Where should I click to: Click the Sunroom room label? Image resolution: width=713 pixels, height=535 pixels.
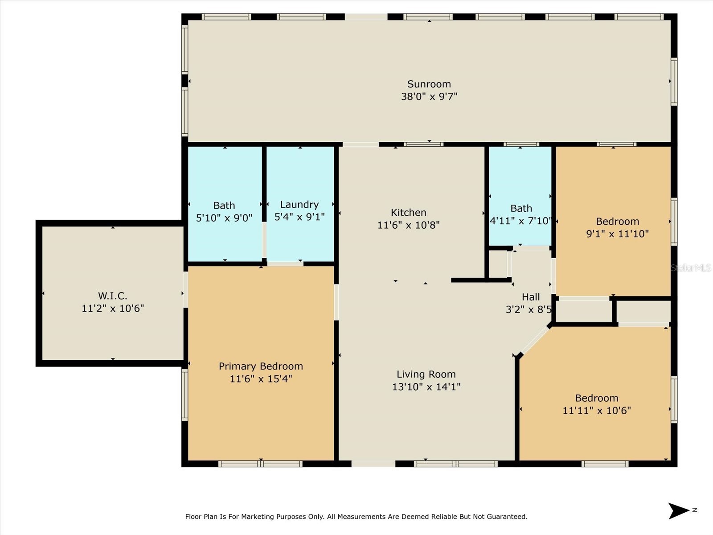pos(429,84)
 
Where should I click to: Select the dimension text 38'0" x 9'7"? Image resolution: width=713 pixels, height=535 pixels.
pos(429,96)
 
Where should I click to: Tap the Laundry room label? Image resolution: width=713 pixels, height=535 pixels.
pos(299,205)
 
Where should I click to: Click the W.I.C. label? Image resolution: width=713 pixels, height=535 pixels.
pos(112,296)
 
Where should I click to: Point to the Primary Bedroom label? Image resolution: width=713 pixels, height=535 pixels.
pos(261,366)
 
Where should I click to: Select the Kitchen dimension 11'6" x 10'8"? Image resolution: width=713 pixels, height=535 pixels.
pos(408,225)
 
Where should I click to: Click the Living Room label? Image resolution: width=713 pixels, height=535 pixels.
pos(426,374)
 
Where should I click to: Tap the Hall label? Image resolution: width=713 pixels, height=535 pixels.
pos(530,297)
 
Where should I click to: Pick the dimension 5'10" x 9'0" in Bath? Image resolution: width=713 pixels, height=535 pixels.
pos(224,218)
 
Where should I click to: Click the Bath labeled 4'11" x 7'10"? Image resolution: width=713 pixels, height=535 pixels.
pos(521,209)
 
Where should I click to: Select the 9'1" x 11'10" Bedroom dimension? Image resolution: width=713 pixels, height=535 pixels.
pos(617,234)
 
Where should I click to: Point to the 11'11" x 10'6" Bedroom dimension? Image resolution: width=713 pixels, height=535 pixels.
pos(596,411)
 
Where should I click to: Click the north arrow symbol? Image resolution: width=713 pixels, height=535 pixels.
pos(679,511)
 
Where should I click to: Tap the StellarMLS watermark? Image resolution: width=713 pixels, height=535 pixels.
pos(691,267)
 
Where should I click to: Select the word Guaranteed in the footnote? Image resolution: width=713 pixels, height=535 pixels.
pos(506,517)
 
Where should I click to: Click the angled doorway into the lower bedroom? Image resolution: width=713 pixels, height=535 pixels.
pos(534,341)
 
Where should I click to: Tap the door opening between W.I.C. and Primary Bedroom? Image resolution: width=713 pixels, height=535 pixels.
pos(185,290)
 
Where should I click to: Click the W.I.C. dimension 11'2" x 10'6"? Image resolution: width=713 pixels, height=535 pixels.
pos(112,308)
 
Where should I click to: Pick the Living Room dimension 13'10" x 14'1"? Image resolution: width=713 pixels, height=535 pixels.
pos(426,387)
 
